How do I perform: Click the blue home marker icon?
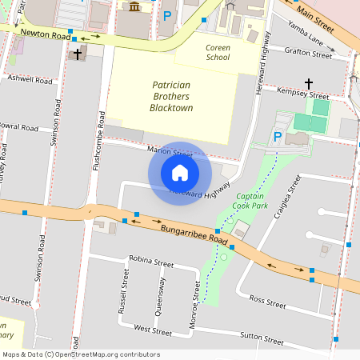[180, 173]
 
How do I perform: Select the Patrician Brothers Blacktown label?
[172, 96]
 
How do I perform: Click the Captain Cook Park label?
[250, 200]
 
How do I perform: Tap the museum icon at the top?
[134, 6]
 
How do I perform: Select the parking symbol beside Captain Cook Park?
[278, 137]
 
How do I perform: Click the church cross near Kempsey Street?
[309, 83]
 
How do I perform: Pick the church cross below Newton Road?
[78, 54]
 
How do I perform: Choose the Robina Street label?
[151, 262]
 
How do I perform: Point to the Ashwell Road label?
[30, 80]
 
